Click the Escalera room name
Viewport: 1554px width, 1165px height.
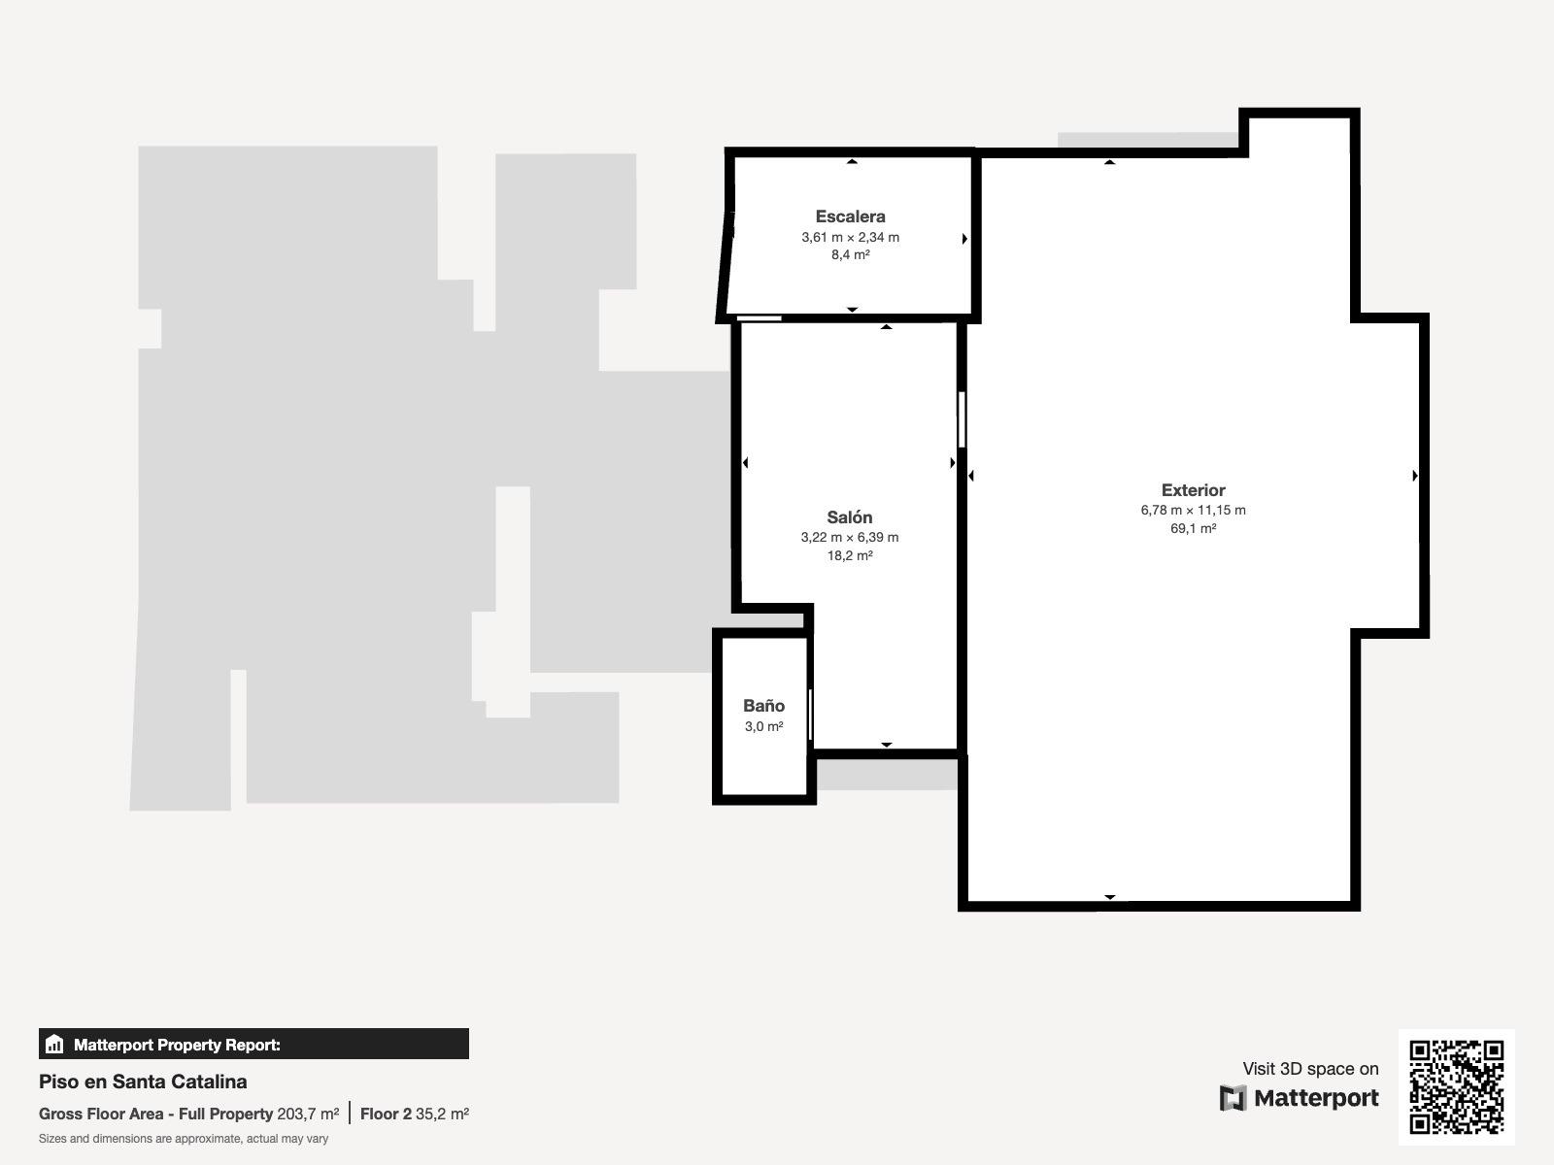(x=850, y=216)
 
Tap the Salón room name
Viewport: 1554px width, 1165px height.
(x=850, y=517)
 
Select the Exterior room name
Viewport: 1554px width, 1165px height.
(x=1193, y=490)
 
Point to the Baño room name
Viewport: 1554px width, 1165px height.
(x=763, y=705)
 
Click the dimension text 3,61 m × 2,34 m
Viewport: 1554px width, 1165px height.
(x=850, y=238)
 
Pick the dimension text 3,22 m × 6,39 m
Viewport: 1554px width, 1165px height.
(x=850, y=538)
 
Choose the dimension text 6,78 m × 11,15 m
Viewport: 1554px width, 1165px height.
(x=1193, y=510)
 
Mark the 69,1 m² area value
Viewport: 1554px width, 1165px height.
(x=1193, y=528)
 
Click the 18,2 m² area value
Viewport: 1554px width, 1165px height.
(x=850, y=556)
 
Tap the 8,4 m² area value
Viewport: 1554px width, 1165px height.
(x=850, y=254)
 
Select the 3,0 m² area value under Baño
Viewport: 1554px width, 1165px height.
(x=763, y=726)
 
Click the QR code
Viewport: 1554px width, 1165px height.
(x=1456, y=1087)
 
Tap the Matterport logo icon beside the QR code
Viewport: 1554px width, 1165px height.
(x=1232, y=1098)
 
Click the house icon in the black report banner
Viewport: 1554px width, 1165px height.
(x=54, y=1044)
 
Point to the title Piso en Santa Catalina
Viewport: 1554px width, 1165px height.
(x=143, y=1082)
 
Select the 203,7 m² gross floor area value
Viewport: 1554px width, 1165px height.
(x=308, y=1115)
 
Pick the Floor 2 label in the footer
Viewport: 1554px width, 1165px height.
(x=386, y=1115)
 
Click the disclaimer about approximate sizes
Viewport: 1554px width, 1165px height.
(x=184, y=1139)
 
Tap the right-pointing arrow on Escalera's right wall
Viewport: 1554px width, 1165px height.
(x=964, y=239)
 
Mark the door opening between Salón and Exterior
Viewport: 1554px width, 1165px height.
(x=962, y=419)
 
